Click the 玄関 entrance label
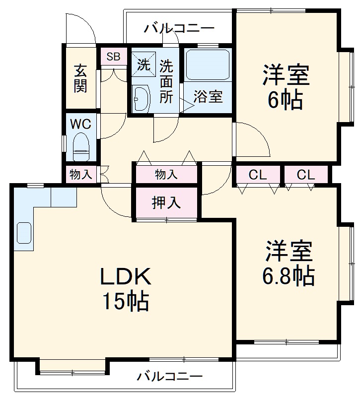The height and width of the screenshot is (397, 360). tap(81, 78)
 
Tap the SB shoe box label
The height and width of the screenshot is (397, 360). tap(113, 57)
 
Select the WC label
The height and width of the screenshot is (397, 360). tap(80, 124)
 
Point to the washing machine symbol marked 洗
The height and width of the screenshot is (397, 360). tap(143, 65)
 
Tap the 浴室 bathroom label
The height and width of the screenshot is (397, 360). tap(208, 97)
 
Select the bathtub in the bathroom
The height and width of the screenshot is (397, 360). tap(208, 64)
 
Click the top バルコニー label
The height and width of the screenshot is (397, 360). tap(179, 28)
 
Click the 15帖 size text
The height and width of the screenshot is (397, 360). tap(126, 301)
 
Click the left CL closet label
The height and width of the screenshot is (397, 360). tap(258, 175)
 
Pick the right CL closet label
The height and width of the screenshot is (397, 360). tap(305, 175)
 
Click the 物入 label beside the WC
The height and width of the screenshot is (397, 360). tap(80, 175)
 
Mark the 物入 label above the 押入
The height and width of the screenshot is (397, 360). tap(165, 175)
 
